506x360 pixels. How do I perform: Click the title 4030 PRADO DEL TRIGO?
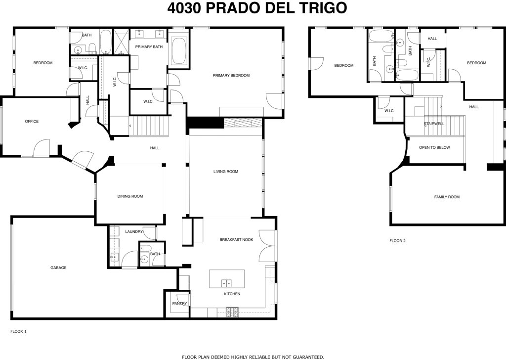pyautogui.click(x=256, y=8)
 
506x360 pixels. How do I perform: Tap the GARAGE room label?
pyautogui.click(x=58, y=268)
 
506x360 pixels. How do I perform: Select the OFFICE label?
pyautogui.click(x=32, y=121)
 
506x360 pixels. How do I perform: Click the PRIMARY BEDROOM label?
pyautogui.click(x=231, y=76)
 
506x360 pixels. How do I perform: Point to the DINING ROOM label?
pyautogui.click(x=130, y=196)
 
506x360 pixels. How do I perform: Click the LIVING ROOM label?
pyautogui.click(x=225, y=172)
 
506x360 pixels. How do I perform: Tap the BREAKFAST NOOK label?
pyautogui.click(x=236, y=239)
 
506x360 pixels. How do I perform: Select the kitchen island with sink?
pyautogui.click(x=227, y=279)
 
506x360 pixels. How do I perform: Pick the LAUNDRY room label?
pyautogui.click(x=134, y=231)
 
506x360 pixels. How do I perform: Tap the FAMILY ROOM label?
pyautogui.click(x=447, y=197)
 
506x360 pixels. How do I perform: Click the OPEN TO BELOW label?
pyautogui.click(x=434, y=147)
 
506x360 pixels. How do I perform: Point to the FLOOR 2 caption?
pyautogui.click(x=397, y=241)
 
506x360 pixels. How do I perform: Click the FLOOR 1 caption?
pyautogui.click(x=18, y=331)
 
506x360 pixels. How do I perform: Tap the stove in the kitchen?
pyautogui.click(x=232, y=312)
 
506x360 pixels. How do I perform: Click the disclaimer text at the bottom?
pyautogui.click(x=253, y=356)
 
